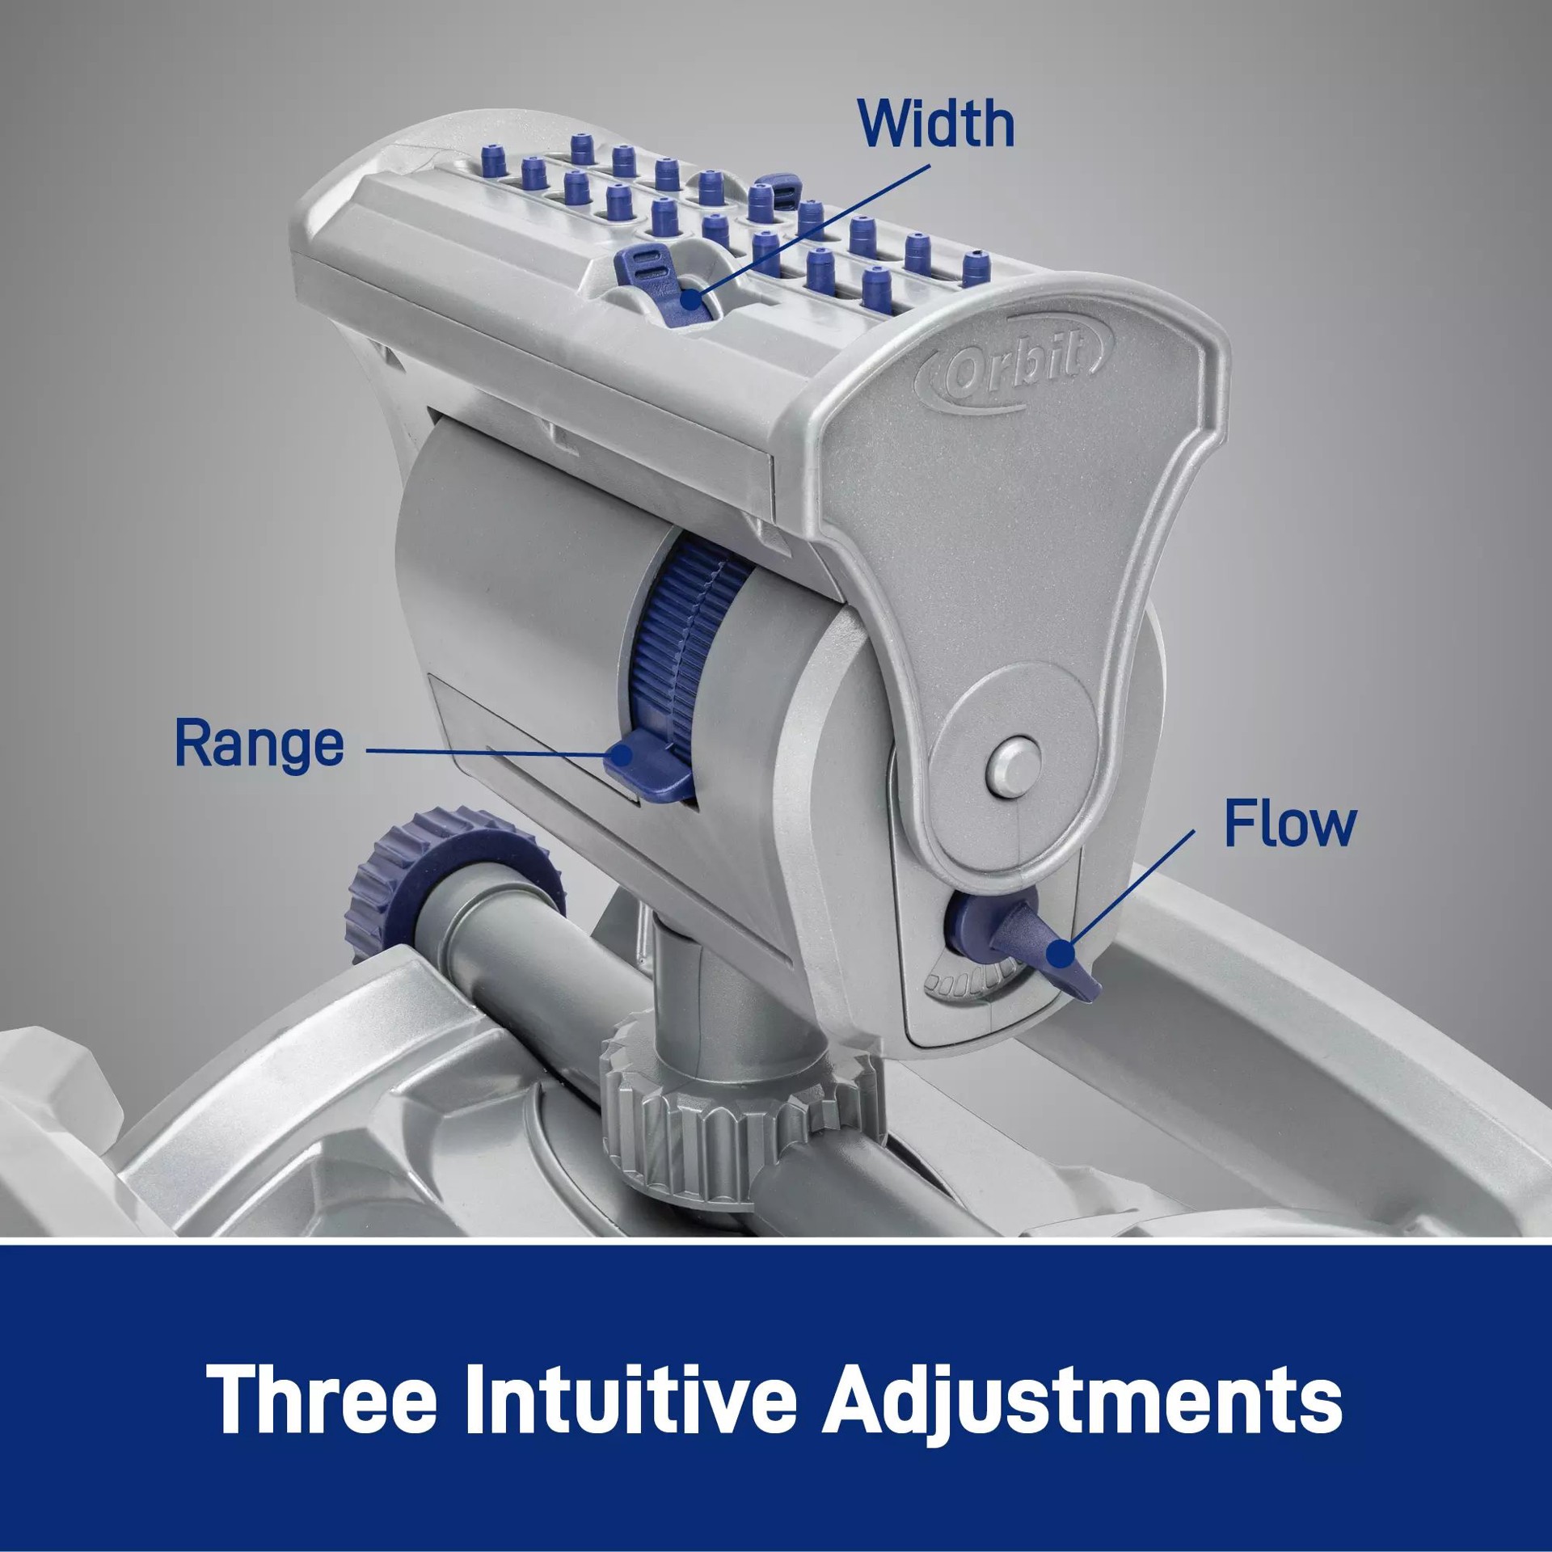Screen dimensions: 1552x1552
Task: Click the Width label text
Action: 936,123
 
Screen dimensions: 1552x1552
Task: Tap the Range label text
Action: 259,744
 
